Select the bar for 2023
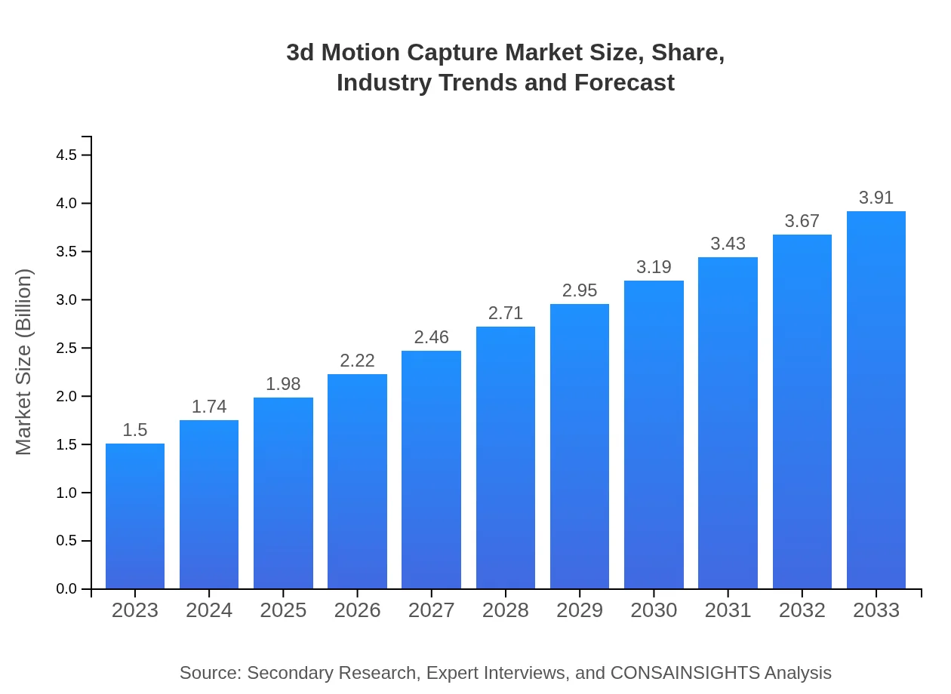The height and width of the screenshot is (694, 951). click(135, 517)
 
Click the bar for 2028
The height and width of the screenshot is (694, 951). click(506, 458)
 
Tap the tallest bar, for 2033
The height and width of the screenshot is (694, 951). click(876, 400)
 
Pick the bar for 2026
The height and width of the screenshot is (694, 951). click(357, 481)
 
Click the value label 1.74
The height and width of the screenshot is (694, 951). click(209, 407)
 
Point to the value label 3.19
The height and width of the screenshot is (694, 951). click(654, 267)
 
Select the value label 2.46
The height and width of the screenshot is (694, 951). click(432, 337)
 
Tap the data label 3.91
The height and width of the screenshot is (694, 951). click(876, 198)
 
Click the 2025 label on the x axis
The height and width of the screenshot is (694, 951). click(283, 610)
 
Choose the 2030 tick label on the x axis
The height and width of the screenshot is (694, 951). click(654, 610)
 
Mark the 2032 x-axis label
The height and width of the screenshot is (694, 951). click(802, 610)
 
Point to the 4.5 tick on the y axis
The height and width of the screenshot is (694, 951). click(66, 155)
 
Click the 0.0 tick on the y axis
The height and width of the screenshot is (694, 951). click(66, 589)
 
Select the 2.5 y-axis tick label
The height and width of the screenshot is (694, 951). click(66, 349)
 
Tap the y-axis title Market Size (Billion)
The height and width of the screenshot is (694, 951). click(24, 362)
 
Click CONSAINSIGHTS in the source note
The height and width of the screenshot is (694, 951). click(685, 672)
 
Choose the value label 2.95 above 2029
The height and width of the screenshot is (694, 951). click(580, 290)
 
